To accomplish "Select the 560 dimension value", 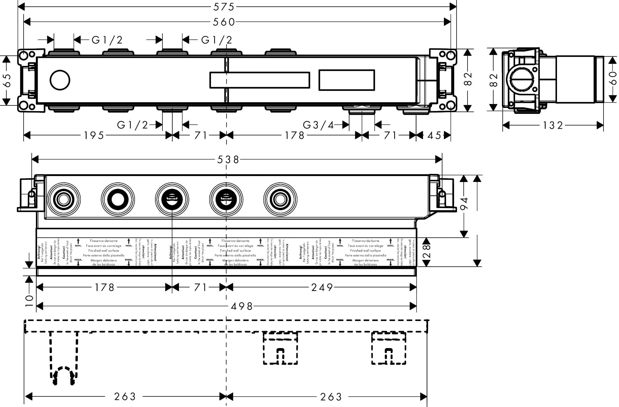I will [x=224, y=22].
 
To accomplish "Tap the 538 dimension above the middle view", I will [x=228, y=159].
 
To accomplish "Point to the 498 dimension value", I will [x=242, y=306].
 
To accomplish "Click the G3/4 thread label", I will [x=318, y=125].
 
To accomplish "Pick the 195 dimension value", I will [x=94, y=135].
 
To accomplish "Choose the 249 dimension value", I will [x=322, y=287].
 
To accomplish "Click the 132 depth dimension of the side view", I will [x=553, y=125].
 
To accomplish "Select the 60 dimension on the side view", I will [x=613, y=78].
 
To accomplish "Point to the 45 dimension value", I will [x=434, y=135].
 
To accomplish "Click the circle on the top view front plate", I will [x=60, y=80].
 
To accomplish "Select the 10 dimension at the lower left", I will [x=29, y=299].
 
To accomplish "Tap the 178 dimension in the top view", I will [x=295, y=135].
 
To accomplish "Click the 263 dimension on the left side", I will [x=125, y=396].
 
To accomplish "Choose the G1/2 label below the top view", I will [x=132, y=125].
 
